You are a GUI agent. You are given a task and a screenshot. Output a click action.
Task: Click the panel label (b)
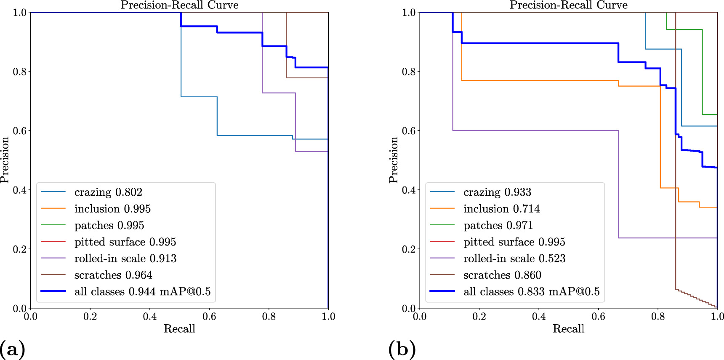[x=402, y=349]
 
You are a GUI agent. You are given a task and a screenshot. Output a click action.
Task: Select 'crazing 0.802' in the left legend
[x=108, y=192]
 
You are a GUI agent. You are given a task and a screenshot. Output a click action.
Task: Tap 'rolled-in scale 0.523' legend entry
[x=514, y=259]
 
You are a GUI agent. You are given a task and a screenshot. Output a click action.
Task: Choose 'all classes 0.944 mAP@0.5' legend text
[x=142, y=292]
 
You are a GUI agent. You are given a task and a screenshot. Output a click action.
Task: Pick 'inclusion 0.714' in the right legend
[x=501, y=209]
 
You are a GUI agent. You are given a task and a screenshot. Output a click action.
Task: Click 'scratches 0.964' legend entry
[x=113, y=275]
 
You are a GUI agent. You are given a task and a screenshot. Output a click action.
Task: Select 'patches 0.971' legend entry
[x=498, y=226]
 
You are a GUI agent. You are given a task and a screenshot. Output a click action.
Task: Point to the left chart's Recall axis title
[x=179, y=329]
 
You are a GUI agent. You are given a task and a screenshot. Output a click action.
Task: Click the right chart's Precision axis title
[x=393, y=160]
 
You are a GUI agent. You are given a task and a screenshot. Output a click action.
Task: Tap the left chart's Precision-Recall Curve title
[x=179, y=5]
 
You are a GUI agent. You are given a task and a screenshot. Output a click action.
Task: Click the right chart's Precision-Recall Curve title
[x=568, y=5]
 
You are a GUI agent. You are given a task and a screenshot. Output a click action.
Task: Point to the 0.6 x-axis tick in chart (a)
[x=209, y=316]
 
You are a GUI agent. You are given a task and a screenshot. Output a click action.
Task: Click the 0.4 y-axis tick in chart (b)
[x=409, y=190]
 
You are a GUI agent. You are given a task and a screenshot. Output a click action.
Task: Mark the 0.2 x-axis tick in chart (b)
[x=479, y=316]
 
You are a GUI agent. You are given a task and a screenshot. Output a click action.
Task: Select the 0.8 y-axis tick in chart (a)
[x=20, y=72]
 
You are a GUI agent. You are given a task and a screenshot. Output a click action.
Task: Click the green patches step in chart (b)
[x=684, y=29]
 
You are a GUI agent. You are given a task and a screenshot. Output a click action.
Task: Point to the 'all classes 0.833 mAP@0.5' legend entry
[x=531, y=292]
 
